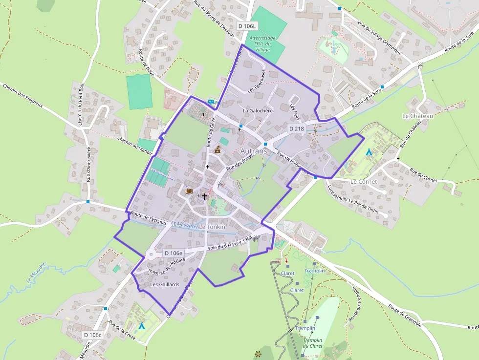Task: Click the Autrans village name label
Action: (x=254, y=151)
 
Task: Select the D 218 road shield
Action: (x=297, y=128)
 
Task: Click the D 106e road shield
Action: (x=173, y=253)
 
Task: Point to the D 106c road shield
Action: (x=92, y=335)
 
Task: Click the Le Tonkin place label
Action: (x=212, y=227)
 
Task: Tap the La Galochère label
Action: (x=258, y=111)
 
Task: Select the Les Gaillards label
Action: (x=165, y=284)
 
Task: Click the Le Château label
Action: (x=417, y=116)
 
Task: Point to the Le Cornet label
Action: (x=364, y=182)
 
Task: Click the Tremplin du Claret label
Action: (x=313, y=343)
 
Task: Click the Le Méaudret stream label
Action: (x=184, y=225)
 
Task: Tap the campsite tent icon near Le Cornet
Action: (x=369, y=152)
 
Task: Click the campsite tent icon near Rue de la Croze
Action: (x=142, y=326)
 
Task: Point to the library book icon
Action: (x=189, y=191)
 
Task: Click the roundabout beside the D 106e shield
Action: (x=151, y=254)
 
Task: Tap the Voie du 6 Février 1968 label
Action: (x=229, y=244)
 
